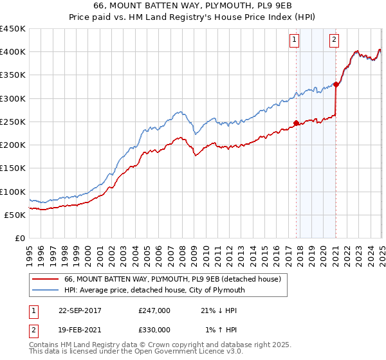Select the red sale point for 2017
click(x=296, y=123)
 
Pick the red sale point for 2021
click(x=336, y=84)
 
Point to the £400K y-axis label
click(x=13, y=52)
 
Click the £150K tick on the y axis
click(x=13, y=168)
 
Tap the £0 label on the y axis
click(x=19, y=239)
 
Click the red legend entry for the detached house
click(x=172, y=280)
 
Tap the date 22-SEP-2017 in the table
click(x=78, y=310)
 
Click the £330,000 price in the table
click(x=154, y=330)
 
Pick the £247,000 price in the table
click(x=154, y=310)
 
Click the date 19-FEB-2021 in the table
click(x=78, y=330)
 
